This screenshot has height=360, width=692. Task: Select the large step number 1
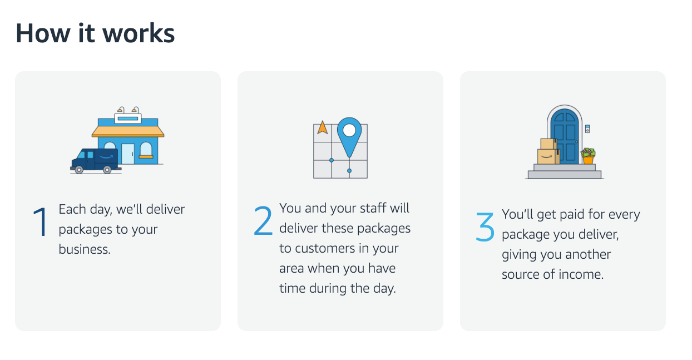tap(40, 223)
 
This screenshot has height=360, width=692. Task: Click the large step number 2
tap(263, 220)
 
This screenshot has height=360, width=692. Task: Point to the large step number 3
tap(485, 226)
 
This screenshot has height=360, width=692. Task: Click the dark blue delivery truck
tap(94, 160)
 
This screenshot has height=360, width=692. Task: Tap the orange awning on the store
tap(128, 131)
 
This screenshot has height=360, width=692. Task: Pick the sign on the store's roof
tap(128, 118)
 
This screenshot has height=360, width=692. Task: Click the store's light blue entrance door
tap(128, 154)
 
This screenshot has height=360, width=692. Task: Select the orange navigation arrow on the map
tap(322, 128)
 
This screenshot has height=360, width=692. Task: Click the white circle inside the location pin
tap(349, 130)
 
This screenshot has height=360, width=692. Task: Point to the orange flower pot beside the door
tap(588, 160)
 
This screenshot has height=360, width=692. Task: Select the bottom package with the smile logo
tap(548, 156)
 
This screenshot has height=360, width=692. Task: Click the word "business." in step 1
tap(85, 249)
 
